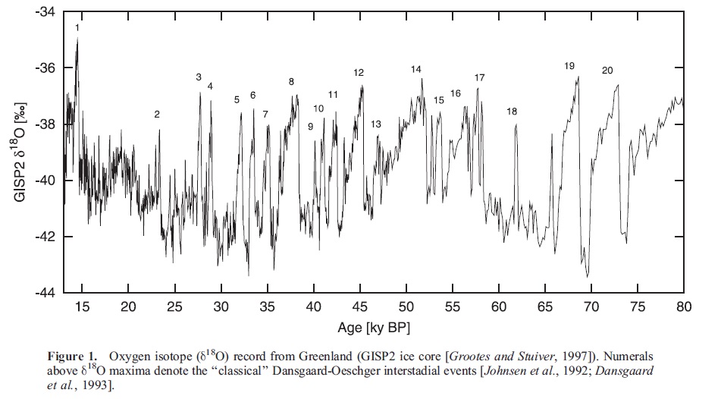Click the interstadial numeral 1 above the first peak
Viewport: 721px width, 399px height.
pos(77,28)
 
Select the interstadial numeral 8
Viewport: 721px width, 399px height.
pos(291,82)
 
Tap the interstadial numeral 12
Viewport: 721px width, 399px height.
pos(359,73)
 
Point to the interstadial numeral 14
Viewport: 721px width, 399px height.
pos(416,70)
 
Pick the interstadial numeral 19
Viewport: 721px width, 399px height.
pos(569,67)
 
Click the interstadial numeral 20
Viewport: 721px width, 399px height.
pos(607,71)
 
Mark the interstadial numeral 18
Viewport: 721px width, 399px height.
pos(512,112)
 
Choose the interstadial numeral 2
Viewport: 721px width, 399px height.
pos(157,115)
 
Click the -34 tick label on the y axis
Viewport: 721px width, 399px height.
pos(47,12)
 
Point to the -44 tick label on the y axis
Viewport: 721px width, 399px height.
pos(47,293)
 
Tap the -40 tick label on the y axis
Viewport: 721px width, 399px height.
pos(47,181)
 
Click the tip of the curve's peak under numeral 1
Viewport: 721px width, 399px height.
pos(77,38)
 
